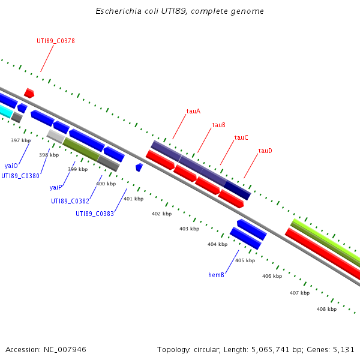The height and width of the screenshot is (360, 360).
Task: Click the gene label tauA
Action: (x=193, y=111)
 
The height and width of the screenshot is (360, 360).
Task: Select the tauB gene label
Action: (x=219, y=125)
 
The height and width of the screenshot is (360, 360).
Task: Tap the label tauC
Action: (x=241, y=137)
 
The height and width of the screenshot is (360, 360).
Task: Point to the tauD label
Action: (x=265, y=151)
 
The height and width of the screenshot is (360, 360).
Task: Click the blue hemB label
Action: (x=216, y=275)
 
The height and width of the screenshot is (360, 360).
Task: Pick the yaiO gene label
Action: (x=11, y=165)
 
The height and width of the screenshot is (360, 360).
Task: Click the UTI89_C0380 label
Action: (x=20, y=176)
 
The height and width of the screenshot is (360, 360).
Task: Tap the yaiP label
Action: (x=56, y=187)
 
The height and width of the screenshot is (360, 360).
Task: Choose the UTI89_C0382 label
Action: (x=70, y=201)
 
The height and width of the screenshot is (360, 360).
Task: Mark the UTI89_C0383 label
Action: (x=94, y=214)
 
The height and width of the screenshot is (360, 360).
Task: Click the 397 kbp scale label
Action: (x=20, y=140)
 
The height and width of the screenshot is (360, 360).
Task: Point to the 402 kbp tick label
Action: (x=161, y=214)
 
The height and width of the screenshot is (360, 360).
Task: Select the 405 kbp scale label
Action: (x=245, y=260)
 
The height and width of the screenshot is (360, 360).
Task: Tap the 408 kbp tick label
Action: (x=326, y=309)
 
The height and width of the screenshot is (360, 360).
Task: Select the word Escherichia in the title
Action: (x=117, y=11)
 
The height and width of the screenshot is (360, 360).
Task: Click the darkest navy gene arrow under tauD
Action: (x=238, y=190)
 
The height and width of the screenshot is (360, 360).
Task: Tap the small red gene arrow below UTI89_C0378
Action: (x=29, y=93)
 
